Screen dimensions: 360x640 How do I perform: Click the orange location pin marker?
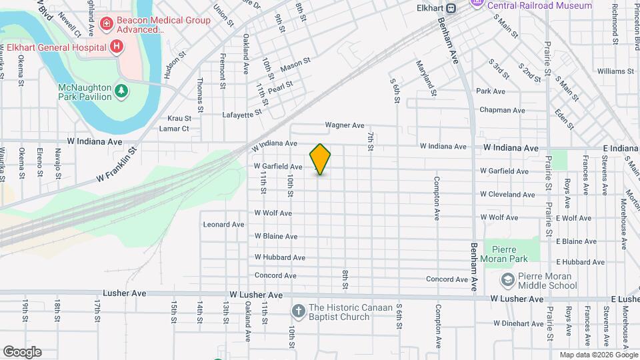(321, 159)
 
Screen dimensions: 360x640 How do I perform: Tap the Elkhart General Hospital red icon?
(117, 47)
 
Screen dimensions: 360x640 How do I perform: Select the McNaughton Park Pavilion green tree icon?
(121, 90)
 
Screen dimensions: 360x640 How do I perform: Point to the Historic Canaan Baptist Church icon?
(297, 310)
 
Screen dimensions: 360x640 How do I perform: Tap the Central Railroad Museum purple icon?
(477, 5)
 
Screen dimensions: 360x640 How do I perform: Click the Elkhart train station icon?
(451, 9)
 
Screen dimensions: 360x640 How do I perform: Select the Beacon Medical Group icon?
(105, 24)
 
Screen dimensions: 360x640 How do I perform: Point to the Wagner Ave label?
(345, 125)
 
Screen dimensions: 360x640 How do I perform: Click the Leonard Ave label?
(224, 225)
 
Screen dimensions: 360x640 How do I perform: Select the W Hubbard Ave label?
(279, 257)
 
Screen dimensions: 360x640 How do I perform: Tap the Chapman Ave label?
(501, 110)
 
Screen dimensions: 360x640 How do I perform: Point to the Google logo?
(22, 351)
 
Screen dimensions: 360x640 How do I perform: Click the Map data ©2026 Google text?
(598, 355)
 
